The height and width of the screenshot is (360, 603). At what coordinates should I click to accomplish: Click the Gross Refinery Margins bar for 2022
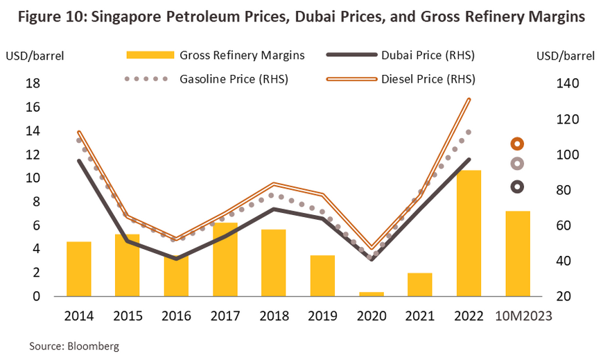coord(469,233)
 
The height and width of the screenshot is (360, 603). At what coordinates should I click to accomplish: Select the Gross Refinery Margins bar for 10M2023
coord(518,253)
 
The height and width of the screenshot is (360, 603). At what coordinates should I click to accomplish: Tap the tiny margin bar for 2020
coord(372,293)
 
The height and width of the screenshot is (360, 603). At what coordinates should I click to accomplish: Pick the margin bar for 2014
coord(79,268)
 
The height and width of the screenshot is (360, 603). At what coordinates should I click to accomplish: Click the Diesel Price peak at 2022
coord(469,99)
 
